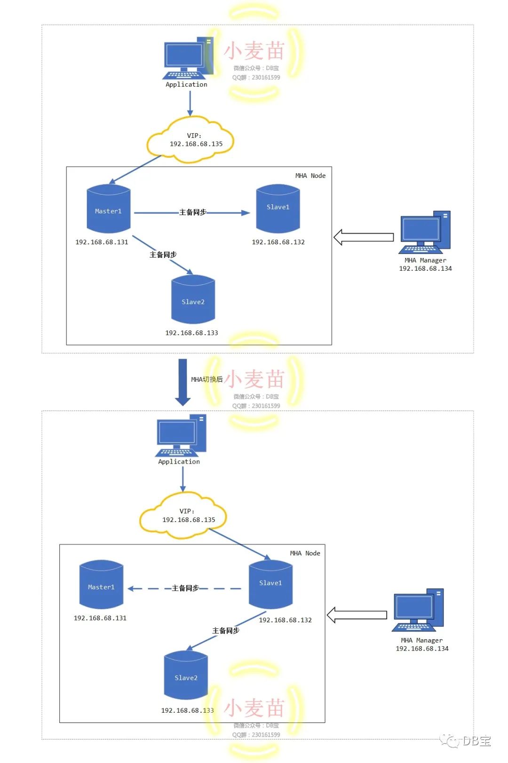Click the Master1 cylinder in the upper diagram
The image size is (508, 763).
(109, 209)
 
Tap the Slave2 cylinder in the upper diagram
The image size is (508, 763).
(193, 300)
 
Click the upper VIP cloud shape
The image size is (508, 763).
(190, 140)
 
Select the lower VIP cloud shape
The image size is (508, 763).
(183, 515)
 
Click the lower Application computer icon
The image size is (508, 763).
(181, 436)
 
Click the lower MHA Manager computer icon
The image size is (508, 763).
(418, 610)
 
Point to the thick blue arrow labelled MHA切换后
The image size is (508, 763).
(183, 382)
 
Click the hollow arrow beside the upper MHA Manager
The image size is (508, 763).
(364, 237)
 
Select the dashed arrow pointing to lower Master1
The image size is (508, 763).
(184, 588)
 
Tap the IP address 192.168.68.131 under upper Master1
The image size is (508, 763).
(102, 242)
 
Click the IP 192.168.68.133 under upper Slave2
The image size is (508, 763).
(191, 333)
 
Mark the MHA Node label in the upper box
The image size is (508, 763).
(310, 176)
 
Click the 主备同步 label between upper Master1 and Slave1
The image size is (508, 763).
(192, 212)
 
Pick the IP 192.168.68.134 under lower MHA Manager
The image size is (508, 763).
(422, 649)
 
